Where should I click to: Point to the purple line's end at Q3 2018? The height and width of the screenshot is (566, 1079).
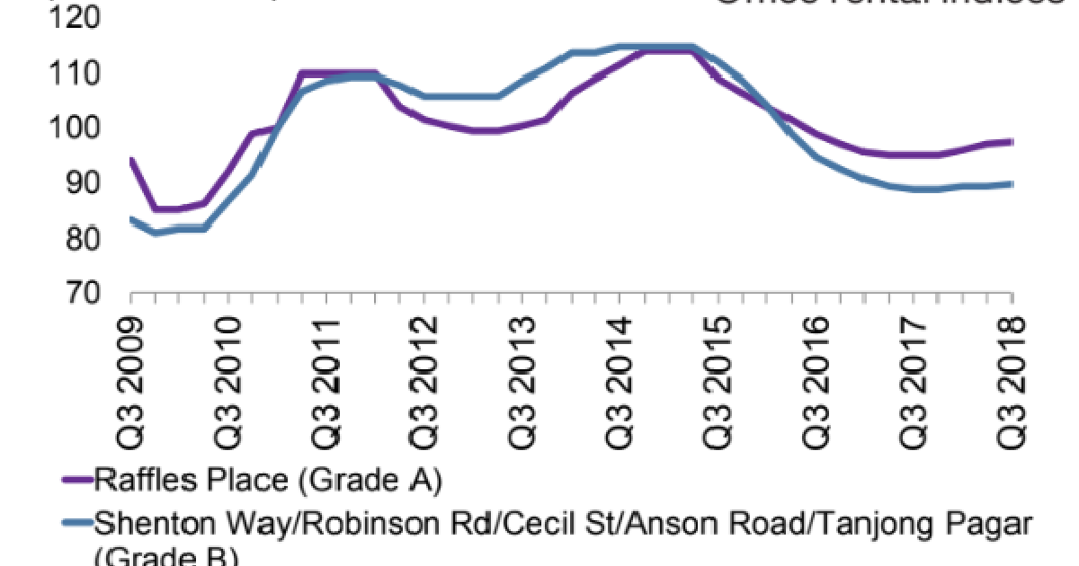[1012, 142]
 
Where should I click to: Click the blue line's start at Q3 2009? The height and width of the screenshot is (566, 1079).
[131, 219]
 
